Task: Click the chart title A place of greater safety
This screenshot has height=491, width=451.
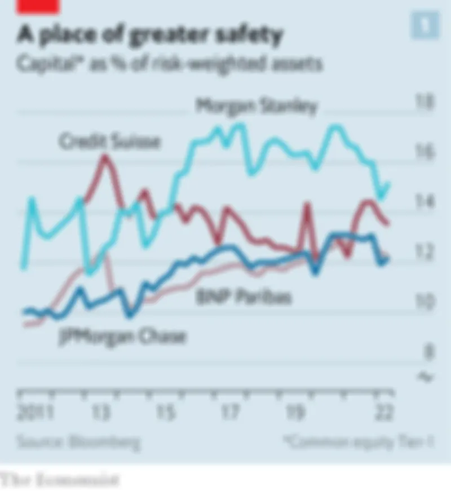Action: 149,36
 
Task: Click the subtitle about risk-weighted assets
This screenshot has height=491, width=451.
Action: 169,64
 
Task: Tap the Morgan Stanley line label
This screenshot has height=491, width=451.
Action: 257,106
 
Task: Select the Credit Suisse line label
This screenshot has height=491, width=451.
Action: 110,141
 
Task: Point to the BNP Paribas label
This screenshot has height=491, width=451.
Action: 244,297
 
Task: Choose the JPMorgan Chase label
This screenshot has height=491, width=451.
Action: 122,337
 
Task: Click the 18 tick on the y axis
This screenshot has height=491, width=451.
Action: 424,103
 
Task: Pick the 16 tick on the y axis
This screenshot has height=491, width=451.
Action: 424,152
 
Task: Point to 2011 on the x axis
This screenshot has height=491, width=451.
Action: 35,413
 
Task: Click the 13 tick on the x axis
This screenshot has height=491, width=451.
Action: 101,413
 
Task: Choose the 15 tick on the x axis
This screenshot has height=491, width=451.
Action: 166,413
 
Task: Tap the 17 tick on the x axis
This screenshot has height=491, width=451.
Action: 230,413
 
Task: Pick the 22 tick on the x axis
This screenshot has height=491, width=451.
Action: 384,413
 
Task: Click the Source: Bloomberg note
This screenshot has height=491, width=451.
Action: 78,441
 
